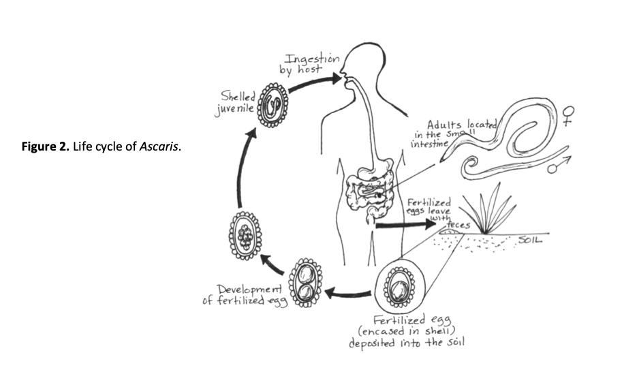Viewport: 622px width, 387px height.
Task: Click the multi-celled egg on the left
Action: click(245, 234)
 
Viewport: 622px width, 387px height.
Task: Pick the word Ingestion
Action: click(312, 59)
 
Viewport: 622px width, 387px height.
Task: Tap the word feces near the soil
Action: click(458, 224)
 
